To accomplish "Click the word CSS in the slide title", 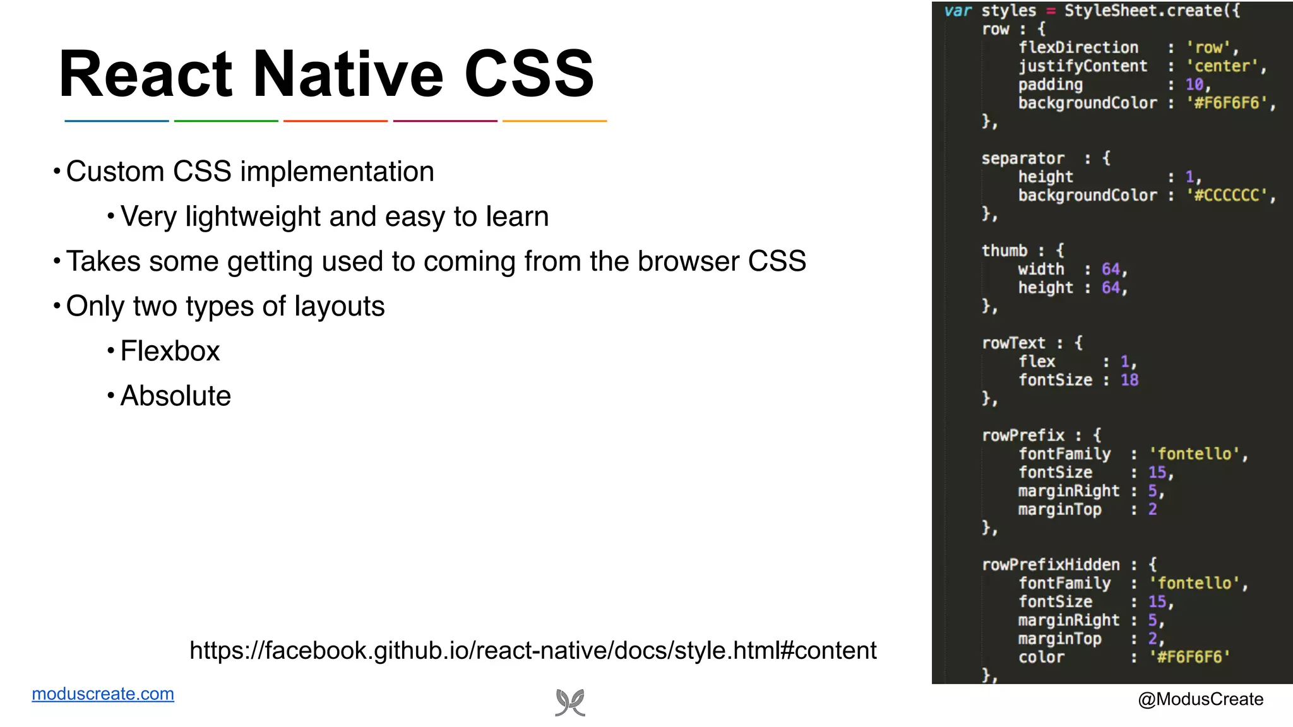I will tap(529, 74).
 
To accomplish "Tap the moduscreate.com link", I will tap(103, 694).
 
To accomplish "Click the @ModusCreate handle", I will tap(1200, 699).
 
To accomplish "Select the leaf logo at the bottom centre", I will tap(570, 702).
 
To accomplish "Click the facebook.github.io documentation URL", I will tap(533, 651).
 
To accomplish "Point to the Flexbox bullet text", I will tap(170, 351).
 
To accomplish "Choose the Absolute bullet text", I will tap(176, 396).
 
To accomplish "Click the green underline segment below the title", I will tap(226, 121).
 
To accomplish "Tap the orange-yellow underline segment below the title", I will tap(554, 121).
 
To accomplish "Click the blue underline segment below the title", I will tap(117, 121).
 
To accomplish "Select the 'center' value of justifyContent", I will tap(1222, 66).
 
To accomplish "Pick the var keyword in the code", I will tap(958, 11).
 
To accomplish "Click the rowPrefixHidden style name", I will tap(1051, 565).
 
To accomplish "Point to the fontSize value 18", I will tap(1129, 380).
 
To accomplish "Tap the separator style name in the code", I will tap(1023, 158).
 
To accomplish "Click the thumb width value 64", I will tap(1111, 269).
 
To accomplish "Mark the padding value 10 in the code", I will tap(1194, 85).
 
